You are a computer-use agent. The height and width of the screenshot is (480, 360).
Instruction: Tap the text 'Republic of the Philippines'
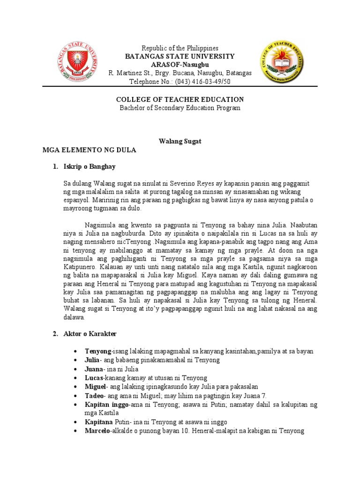click(x=180, y=48)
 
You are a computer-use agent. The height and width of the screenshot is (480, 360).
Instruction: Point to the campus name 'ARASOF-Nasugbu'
click(x=180, y=64)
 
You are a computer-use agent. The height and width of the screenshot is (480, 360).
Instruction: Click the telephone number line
click(x=180, y=82)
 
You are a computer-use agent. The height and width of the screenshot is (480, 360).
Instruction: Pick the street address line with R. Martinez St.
click(x=180, y=73)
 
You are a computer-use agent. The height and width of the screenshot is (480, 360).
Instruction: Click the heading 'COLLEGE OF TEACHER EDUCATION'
click(x=180, y=99)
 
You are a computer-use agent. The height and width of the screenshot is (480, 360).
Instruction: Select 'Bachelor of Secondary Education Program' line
click(x=180, y=108)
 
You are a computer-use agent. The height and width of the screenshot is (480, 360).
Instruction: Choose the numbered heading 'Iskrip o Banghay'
click(x=89, y=167)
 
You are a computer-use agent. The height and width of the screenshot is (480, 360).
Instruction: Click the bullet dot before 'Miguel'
click(x=75, y=387)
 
